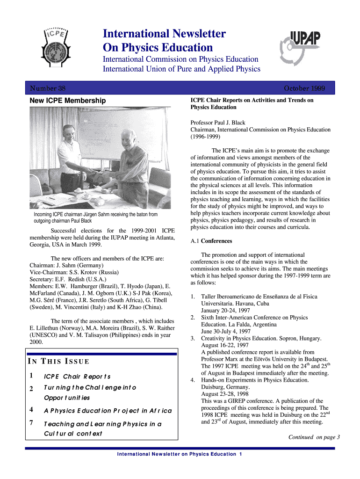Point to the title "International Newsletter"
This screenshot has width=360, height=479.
point(164,34)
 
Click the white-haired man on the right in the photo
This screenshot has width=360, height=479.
point(132,161)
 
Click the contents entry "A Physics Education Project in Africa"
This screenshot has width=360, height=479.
point(108,411)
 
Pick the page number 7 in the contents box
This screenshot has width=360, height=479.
point(31,423)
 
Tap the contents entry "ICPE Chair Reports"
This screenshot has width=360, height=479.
point(77,377)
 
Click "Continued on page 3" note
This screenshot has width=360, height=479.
point(314,437)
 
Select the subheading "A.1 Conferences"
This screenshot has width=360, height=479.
point(211,241)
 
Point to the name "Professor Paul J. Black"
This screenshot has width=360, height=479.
point(217,123)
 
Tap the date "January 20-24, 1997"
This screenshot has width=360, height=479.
point(225,311)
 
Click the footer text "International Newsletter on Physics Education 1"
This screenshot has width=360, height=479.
point(180,454)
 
